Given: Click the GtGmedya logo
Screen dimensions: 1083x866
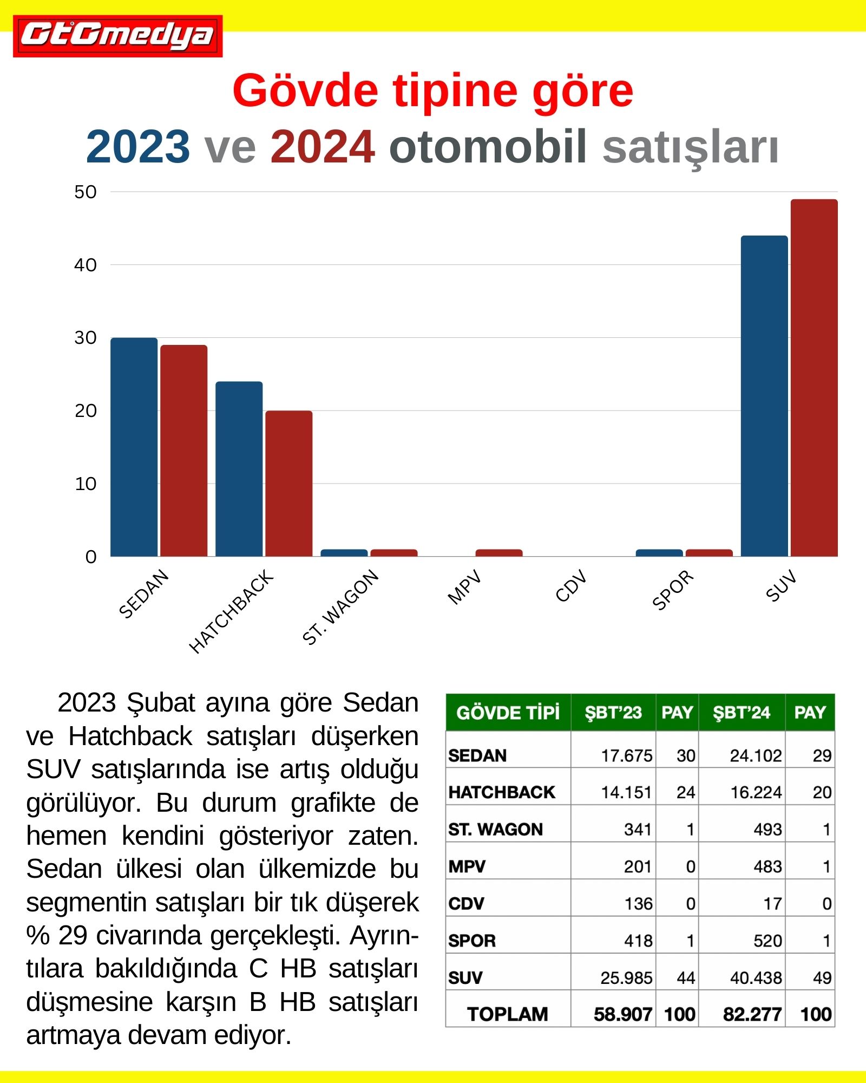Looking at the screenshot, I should pos(117,36).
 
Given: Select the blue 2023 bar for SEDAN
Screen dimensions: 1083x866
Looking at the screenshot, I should pos(134,447).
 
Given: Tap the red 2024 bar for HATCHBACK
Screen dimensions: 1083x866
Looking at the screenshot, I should pos(288,483).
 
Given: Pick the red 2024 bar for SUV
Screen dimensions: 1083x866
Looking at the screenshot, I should pos(814,377).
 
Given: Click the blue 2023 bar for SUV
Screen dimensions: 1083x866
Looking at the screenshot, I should pos(764,396).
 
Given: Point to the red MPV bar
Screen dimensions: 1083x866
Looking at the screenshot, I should pos(498,553).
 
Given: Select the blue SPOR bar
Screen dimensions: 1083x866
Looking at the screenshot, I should pos(659,553).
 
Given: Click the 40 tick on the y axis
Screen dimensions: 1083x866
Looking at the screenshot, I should pos(86,265).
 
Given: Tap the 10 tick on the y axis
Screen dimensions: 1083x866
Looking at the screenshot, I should pos(86,484).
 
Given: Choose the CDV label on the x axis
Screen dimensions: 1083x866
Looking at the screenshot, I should pos(571,586).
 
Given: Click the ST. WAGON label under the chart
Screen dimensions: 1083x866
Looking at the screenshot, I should pos(340,608).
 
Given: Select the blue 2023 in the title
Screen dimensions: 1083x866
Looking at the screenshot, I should pos(138,147).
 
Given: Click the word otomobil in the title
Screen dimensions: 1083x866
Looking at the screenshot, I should pos(487,147).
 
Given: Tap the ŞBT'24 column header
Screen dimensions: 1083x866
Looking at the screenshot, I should pos(741,712).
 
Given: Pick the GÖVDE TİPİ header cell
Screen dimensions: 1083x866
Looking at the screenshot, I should pos(508,712).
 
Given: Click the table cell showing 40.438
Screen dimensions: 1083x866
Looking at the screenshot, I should pos(756,977).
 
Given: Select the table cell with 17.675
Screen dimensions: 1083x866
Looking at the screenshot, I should pos(626,755).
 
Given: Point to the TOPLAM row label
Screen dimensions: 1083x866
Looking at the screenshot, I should pos(507,1014).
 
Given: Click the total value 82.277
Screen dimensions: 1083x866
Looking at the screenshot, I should pos(752,1014).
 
